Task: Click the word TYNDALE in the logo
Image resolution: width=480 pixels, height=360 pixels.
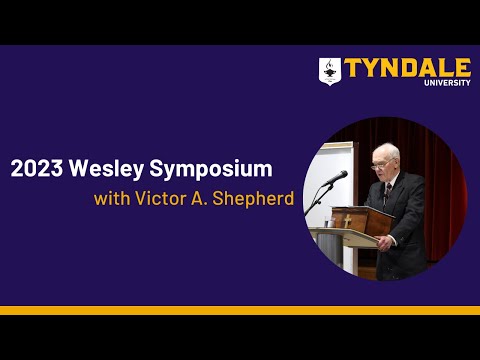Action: [x=407, y=68]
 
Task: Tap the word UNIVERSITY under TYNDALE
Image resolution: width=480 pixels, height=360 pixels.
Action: [x=447, y=83]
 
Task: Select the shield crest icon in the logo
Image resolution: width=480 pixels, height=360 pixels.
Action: [x=330, y=71]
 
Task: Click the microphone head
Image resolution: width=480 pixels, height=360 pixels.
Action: [x=340, y=177]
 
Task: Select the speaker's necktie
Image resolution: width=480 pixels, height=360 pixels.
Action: [x=387, y=190]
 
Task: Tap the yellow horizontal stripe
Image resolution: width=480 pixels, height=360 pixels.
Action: [x=240, y=310]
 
